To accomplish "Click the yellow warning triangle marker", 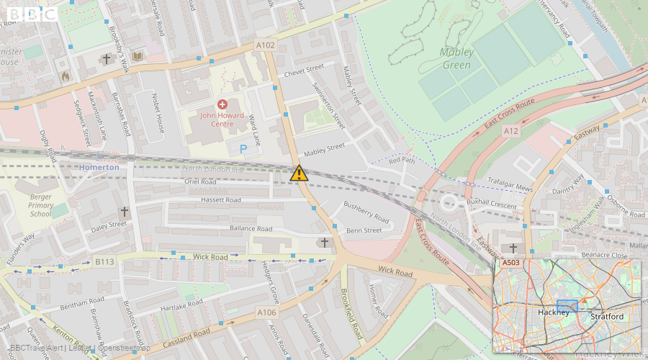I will [300, 173].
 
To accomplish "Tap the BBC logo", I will [32, 14].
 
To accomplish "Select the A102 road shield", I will [266, 45].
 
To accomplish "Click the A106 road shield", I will [267, 312].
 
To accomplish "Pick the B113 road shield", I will [104, 262].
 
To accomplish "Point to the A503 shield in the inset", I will [510, 263].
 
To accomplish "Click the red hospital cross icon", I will [222, 104].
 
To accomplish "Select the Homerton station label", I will [100, 167].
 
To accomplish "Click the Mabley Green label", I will [456, 58].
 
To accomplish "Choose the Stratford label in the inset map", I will [606, 316].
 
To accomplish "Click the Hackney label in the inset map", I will [553, 312].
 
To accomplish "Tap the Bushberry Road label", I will [366, 212].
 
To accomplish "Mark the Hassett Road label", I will [221, 199].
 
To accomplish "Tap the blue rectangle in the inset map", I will [567, 305].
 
